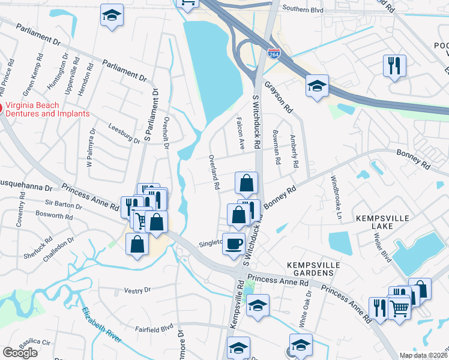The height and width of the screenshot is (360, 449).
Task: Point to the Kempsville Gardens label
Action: tap(313, 269)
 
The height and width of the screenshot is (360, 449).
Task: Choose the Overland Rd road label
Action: tap(214, 172)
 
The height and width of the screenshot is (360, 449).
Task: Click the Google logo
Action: tap(20, 353)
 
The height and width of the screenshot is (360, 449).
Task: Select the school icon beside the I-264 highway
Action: tap(316, 86)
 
